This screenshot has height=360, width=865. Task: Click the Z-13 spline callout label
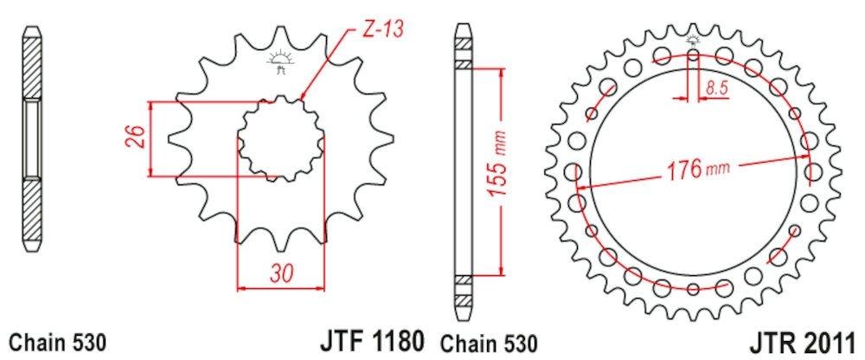pos(382,29)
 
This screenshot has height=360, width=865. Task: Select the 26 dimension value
pos(137,138)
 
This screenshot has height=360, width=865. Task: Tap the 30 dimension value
pos(281,273)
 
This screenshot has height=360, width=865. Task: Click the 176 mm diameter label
pos(698,170)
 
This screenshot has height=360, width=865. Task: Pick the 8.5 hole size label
pos(716,87)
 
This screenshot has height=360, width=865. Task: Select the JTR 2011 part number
pos(803,342)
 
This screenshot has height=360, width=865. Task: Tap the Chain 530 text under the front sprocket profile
pos(57,343)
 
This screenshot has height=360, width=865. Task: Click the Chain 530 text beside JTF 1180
pos(488,343)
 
